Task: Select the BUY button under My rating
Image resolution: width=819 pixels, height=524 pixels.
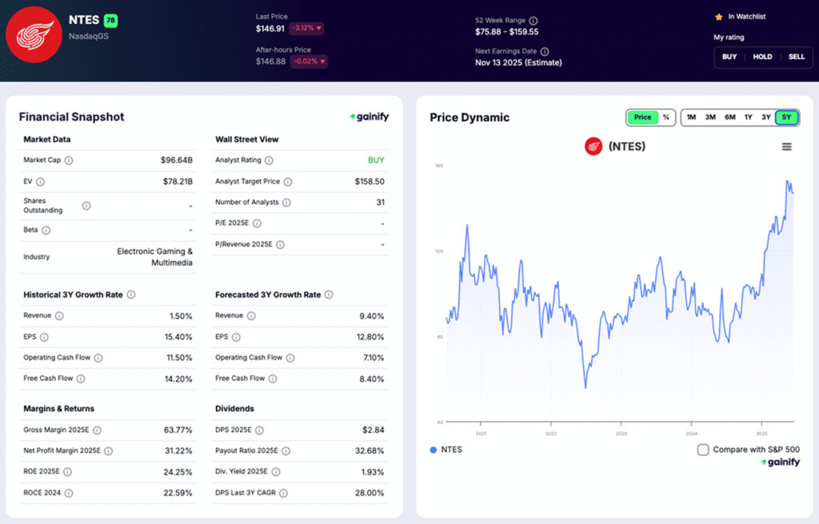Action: pyautogui.click(x=729, y=57)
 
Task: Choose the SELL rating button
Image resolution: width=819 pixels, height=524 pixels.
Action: pyautogui.click(x=797, y=57)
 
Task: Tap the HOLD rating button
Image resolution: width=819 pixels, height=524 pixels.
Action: pyautogui.click(x=762, y=57)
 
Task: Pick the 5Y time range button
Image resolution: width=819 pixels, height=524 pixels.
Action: pyautogui.click(x=786, y=117)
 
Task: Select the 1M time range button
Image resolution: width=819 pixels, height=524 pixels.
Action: pyautogui.click(x=691, y=117)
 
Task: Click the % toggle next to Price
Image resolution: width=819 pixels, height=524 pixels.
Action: pyautogui.click(x=666, y=117)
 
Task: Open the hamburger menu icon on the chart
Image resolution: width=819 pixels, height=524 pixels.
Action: pyautogui.click(x=787, y=146)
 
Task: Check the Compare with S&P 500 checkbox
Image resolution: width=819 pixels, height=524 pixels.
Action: pyautogui.click(x=703, y=450)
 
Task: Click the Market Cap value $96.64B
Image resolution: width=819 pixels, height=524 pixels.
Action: pyautogui.click(x=177, y=160)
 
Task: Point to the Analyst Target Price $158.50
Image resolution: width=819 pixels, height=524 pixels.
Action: pyautogui.click(x=370, y=181)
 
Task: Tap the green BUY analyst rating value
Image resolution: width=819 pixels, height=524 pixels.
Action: pyautogui.click(x=376, y=160)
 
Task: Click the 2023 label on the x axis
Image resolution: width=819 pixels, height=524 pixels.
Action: pyautogui.click(x=621, y=434)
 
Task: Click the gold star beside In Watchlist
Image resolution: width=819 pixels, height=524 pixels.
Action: pyautogui.click(x=719, y=16)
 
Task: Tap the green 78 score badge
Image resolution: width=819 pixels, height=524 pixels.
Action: pyautogui.click(x=110, y=20)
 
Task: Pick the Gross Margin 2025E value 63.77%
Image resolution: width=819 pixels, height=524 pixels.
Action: pyautogui.click(x=177, y=430)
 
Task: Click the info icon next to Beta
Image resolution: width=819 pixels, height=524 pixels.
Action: pyautogui.click(x=46, y=230)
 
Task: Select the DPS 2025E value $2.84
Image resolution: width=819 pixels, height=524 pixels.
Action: pyautogui.click(x=373, y=430)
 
